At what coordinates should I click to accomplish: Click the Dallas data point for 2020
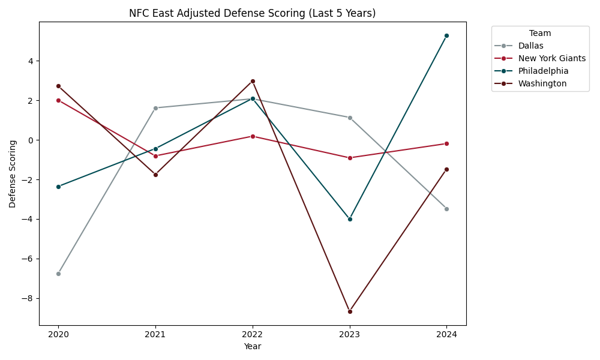(x=58, y=274)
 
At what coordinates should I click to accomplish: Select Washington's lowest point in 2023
(x=350, y=311)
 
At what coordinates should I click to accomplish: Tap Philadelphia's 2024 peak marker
(x=446, y=35)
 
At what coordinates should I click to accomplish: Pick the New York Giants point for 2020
(x=58, y=100)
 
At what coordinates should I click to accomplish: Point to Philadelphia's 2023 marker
(x=350, y=219)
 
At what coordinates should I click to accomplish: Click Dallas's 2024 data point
(x=446, y=209)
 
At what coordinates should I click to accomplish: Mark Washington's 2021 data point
(x=155, y=175)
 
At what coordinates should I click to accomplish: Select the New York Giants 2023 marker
(x=350, y=158)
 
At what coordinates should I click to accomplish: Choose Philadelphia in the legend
(x=543, y=71)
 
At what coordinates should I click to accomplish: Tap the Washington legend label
(x=542, y=83)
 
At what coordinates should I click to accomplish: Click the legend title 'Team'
(x=540, y=34)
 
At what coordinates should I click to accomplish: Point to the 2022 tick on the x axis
(x=253, y=334)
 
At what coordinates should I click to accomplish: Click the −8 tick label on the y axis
(x=29, y=298)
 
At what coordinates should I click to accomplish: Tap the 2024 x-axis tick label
(x=446, y=334)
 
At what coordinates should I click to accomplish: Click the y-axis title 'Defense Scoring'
(x=13, y=173)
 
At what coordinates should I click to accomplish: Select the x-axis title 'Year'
(x=253, y=346)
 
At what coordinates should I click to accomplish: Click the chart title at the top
(x=253, y=13)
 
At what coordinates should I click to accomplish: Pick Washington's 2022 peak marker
(x=253, y=81)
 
